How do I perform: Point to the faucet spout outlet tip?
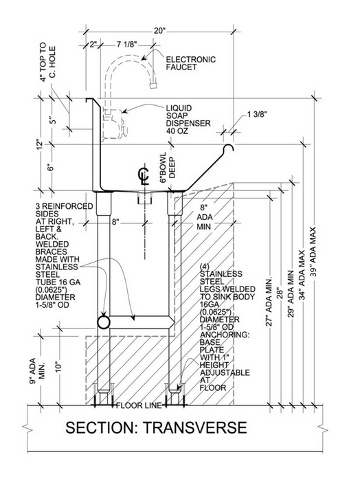click(154, 88)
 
